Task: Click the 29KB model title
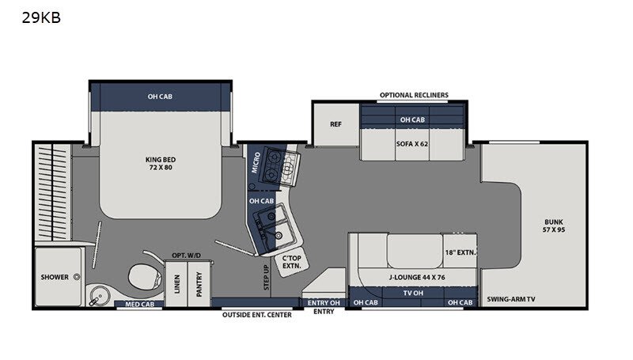click(41, 17)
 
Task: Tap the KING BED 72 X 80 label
click(161, 164)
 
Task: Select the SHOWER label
click(55, 277)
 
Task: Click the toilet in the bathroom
click(145, 276)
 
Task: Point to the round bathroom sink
click(100, 296)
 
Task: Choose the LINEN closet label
click(176, 284)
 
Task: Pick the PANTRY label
click(199, 284)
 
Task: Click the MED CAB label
click(140, 305)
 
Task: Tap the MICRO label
click(256, 162)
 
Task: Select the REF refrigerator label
click(335, 124)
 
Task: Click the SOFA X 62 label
click(412, 144)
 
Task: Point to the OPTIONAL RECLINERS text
click(414, 95)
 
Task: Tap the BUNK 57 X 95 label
click(554, 226)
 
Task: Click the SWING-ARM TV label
click(511, 299)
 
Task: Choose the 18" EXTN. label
click(461, 252)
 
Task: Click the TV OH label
click(413, 293)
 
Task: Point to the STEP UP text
click(266, 278)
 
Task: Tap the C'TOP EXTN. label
click(291, 262)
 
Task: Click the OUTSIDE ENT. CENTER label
click(256, 315)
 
